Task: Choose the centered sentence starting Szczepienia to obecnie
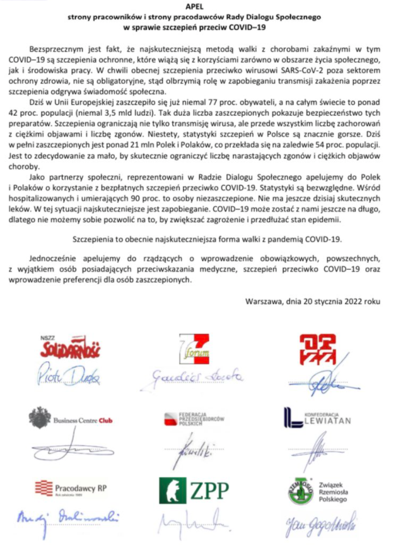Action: tap(204, 239)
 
